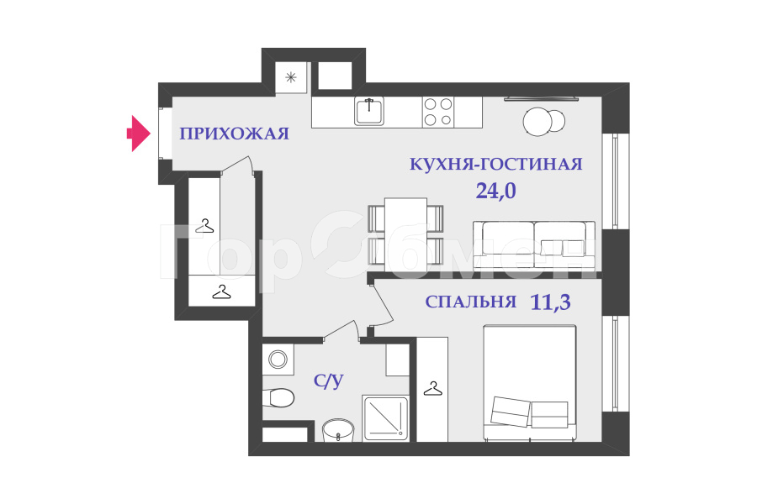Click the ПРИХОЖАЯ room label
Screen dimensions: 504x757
click(234, 134)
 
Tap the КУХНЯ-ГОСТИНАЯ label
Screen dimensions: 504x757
click(495, 164)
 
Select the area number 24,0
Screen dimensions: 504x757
click(495, 191)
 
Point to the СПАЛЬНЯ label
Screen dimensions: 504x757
click(470, 302)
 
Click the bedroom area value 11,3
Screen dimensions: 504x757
click(551, 302)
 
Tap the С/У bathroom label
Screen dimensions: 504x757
click(328, 382)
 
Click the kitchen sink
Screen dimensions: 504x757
click(369, 112)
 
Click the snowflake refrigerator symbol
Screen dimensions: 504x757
click(291, 78)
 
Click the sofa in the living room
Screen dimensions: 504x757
click(534, 244)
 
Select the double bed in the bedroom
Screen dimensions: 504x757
click(529, 382)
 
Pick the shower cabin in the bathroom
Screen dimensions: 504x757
click(387, 417)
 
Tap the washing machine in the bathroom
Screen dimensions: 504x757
click(277, 360)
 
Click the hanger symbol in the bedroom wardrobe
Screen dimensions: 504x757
click(432, 389)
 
